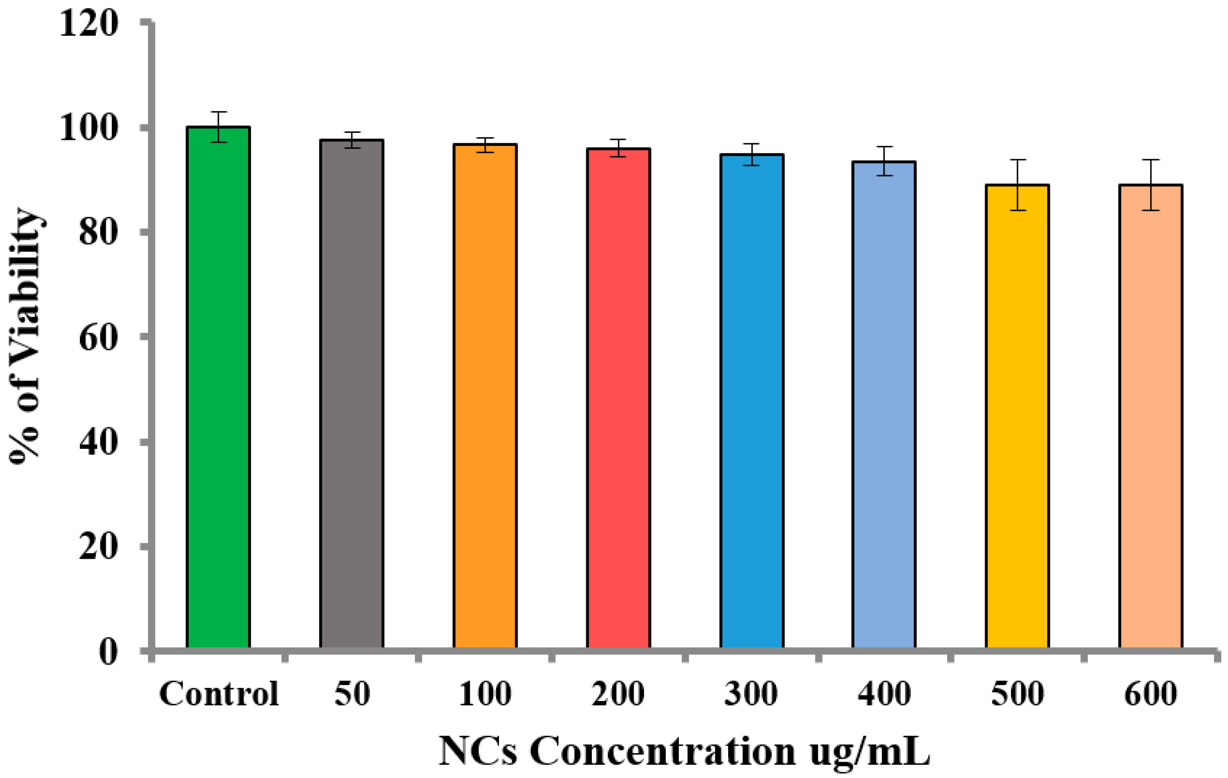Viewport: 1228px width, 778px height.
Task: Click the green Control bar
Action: tap(218, 387)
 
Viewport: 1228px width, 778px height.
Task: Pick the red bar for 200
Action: tap(618, 398)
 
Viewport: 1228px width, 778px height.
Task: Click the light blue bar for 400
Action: tap(884, 405)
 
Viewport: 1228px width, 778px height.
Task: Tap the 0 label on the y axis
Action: tap(108, 651)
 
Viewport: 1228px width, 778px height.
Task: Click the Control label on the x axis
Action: tap(219, 694)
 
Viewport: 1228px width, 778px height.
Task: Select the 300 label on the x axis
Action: tap(751, 694)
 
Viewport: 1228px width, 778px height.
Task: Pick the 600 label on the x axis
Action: tap(1150, 694)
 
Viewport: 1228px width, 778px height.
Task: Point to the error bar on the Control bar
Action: tap(218, 126)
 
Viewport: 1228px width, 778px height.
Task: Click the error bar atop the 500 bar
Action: tap(1018, 185)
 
